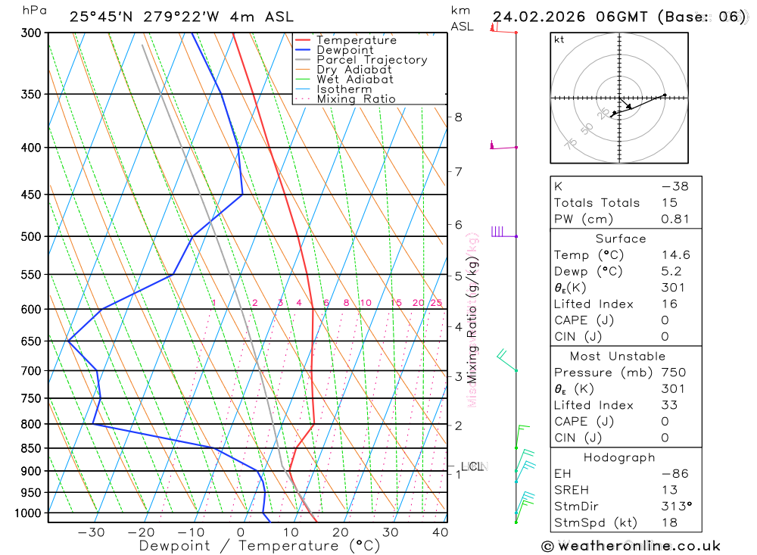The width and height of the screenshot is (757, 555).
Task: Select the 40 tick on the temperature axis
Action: tap(440, 532)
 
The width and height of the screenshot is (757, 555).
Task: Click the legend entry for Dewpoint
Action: tap(344, 50)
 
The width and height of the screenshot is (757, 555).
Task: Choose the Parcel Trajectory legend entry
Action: tap(372, 60)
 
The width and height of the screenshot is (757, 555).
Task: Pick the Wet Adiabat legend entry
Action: tap(355, 80)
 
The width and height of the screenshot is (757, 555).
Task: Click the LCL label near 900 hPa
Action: tap(472, 466)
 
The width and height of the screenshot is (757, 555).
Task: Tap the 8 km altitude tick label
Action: tap(458, 117)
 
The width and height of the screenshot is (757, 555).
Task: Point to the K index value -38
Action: tap(674, 186)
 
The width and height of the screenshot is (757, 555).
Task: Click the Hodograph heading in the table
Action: tap(619, 457)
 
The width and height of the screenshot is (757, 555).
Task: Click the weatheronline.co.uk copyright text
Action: tap(631, 546)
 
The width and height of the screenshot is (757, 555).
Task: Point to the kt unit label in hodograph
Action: tap(559, 40)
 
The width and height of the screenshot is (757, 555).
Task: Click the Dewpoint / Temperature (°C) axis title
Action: tap(259, 546)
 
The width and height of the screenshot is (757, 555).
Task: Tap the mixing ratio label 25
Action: tap(436, 303)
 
